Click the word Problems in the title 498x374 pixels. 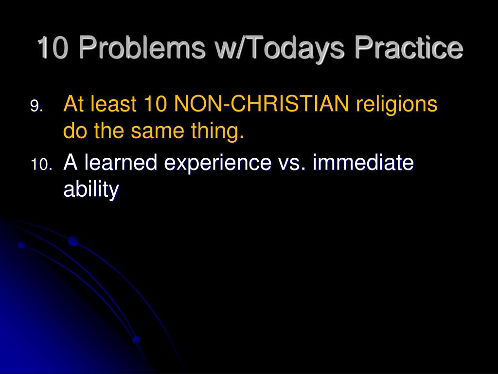[142, 47]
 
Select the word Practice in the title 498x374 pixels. [409, 47]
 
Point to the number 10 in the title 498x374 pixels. [53, 47]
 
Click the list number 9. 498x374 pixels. [36, 106]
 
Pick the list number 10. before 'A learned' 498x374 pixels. [41, 165]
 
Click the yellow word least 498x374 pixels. [113, 104]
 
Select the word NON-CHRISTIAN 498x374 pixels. [261, 104]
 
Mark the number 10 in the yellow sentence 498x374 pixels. [155, 104]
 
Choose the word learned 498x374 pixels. [121, 162]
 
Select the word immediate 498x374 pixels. [363, 162]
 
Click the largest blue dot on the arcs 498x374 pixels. [73, 241]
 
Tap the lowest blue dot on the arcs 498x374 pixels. [137, 340]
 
